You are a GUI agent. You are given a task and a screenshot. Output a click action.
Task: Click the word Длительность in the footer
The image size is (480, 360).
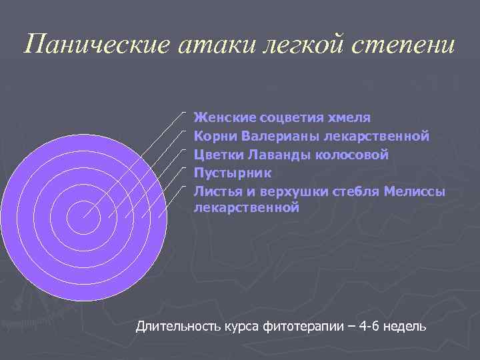[175, 327]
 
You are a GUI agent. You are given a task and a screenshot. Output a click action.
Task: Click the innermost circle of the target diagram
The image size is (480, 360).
[83, 217]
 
